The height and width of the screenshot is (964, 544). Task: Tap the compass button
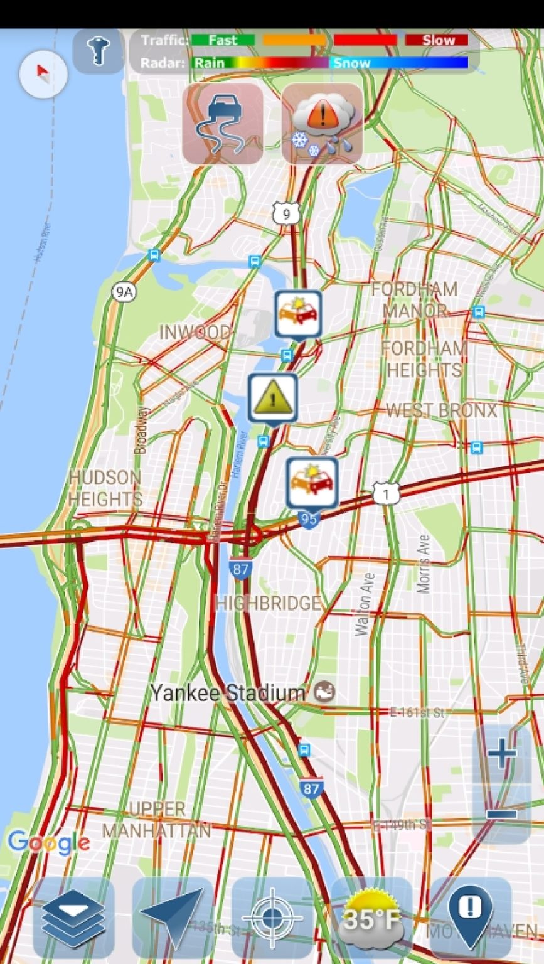tap(43, 74)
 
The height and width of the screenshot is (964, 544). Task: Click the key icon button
tap(99, 51)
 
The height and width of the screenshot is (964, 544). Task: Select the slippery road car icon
tap(223, 124)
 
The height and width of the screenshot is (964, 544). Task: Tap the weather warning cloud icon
tap(322, 124)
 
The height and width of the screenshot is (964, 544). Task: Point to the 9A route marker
tap(124, 291)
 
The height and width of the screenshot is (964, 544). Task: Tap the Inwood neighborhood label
tap(195, 332)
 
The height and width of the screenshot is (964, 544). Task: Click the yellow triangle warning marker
tap(273, 398)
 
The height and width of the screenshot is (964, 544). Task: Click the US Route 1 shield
tap(386, 494)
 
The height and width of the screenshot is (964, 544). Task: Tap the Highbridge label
tap(268, 603)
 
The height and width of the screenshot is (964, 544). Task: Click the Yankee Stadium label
tap(228, 693)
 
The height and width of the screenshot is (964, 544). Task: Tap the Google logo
tap(48, 843)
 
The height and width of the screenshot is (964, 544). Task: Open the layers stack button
tap(73, 918)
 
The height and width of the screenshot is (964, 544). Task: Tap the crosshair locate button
tap(272, 918)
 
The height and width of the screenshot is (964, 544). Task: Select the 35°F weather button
tap(371, 918)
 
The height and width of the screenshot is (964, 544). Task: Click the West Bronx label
tap(441, 411)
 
